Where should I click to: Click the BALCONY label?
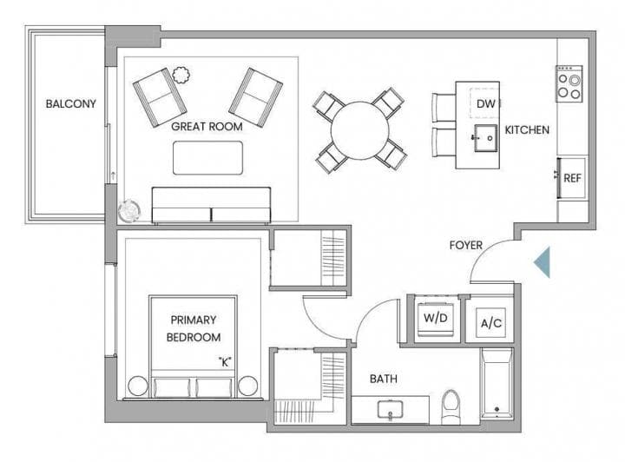point(71,103)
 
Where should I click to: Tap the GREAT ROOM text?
point(207,127)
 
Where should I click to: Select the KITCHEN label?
point(527,130)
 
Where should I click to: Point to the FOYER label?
point(465,245)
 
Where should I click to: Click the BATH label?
point(384,379)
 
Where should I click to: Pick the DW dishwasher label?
point(486,104)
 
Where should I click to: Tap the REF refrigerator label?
point(572,178)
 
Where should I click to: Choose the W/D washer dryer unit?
point(436,319)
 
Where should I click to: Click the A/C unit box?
point(491,322)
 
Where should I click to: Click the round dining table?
point(359,131)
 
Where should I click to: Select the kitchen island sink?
point(485,138)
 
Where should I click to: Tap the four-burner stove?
point(569,83)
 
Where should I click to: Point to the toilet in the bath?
point(451,406)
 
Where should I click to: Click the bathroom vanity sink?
point(391,410)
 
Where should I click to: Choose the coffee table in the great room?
point(207,158)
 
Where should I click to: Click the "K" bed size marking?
point(225,362)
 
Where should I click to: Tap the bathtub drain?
point(497,409)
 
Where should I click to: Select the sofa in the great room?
point(211,204)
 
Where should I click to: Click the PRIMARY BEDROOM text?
point(194,328)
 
